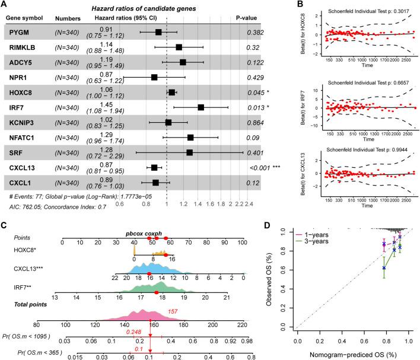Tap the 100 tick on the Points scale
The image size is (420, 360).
pyautogui.click(x=242, y=242)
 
